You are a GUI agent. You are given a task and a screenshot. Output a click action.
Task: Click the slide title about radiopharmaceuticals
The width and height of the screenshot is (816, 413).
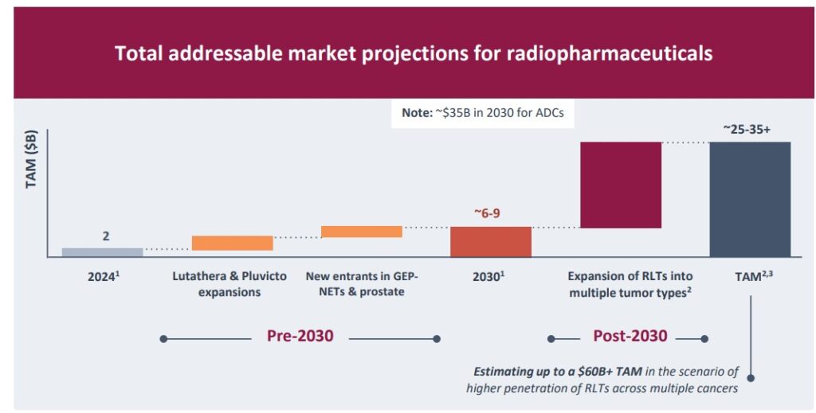[414, 53]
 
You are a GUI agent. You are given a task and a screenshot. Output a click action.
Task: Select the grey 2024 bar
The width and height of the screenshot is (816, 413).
[102, 252]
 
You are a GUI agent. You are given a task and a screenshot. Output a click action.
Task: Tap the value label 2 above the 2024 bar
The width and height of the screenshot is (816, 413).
[105, 236]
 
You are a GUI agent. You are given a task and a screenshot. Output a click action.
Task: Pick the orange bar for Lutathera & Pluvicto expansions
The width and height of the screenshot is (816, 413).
[232, 244]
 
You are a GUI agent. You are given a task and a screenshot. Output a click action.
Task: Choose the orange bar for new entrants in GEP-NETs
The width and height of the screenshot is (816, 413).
[361, 232]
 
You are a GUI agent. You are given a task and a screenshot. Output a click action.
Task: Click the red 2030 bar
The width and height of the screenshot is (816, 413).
[490, 242]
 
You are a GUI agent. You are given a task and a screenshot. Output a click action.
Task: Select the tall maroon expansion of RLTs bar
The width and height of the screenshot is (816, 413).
[620, 185]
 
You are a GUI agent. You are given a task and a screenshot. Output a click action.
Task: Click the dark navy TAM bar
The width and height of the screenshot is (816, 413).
[750, 199]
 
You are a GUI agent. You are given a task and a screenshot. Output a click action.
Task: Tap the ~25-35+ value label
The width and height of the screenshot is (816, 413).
[747, 129]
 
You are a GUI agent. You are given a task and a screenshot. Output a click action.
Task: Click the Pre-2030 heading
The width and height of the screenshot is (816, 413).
[300, 336]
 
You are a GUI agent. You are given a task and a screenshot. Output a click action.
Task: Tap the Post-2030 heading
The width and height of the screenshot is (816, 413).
[630, 336]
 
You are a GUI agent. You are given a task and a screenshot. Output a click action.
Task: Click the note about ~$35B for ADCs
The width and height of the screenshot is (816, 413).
[482, 112]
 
